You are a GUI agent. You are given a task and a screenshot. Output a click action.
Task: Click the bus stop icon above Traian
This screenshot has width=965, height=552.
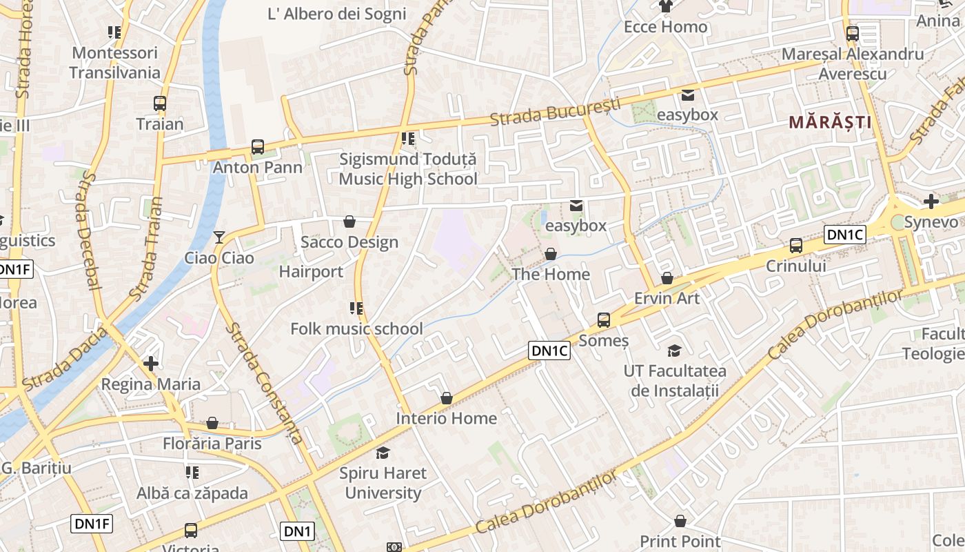coord(160,103)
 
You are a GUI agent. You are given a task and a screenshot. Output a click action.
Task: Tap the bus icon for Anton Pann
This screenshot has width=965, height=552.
coord(258,146)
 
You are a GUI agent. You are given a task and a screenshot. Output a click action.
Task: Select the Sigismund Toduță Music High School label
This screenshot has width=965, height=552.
coord(408,169)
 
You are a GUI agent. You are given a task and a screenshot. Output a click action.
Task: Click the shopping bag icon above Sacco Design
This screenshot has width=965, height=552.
coord(349,221)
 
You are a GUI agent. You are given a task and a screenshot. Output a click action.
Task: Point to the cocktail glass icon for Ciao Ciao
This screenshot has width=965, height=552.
coord(219,237)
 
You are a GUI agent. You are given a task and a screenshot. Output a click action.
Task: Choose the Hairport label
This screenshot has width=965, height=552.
coord(311,272)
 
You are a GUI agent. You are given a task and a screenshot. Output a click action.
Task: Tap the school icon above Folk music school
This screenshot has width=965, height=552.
coord(356,308)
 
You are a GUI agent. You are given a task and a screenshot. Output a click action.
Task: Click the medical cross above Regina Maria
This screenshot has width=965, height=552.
coord(151,363)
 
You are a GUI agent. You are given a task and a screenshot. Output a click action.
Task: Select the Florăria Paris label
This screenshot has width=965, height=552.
coord(212,443)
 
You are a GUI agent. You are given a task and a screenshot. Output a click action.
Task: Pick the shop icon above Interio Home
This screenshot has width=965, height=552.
coord(447,398)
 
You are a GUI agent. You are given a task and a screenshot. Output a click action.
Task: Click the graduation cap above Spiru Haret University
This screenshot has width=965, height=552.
coord(383,453)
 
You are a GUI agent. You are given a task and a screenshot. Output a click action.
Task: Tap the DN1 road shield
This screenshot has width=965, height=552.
coord(298,531)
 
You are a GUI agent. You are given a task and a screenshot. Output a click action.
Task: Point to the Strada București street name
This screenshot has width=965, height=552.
coord(555,112)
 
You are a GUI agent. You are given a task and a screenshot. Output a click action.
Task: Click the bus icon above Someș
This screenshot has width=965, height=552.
coord(604,319)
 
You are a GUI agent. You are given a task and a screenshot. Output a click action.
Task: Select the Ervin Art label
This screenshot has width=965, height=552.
coord(667,298)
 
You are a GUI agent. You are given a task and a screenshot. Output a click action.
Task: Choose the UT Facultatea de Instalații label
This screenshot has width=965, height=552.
coord(675,381)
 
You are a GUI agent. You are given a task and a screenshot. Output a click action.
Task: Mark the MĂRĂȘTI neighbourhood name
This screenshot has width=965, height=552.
coord(830,123)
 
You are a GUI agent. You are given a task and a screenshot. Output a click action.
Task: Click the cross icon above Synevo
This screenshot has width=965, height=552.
coord(931,201)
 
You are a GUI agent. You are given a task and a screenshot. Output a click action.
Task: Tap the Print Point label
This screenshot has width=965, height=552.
coord(680,541)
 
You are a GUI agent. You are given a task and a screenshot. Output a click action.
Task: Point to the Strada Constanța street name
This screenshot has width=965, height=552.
coord(265,383)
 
